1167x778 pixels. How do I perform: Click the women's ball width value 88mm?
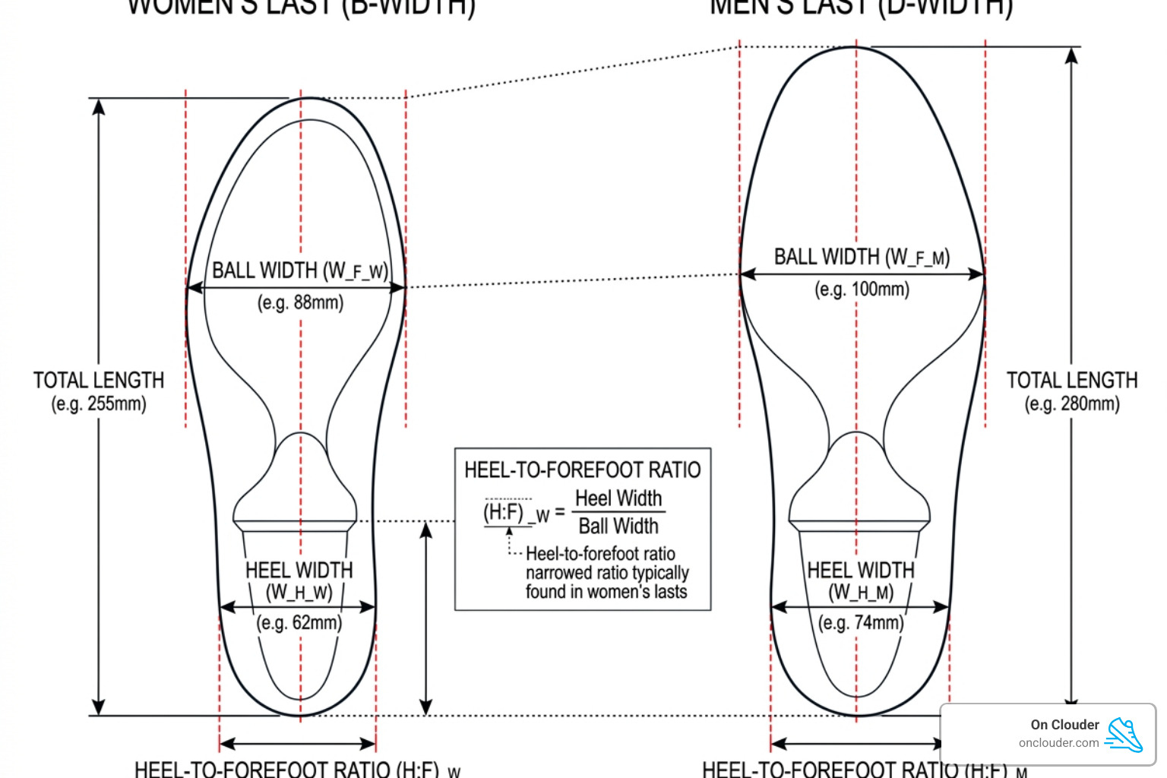301,303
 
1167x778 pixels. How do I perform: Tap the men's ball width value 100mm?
862,289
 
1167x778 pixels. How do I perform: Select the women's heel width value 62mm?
299,623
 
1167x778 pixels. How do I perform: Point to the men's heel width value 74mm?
861,623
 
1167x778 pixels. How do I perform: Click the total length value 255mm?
99,403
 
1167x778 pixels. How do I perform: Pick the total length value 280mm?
1072,403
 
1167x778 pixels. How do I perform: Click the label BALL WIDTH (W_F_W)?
300,270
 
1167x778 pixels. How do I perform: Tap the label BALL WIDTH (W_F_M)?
862,257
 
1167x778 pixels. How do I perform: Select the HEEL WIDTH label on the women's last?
299,571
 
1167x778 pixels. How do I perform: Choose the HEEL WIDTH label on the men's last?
861,571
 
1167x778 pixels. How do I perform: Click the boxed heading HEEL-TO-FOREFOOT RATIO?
582,470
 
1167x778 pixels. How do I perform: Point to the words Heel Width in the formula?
618,498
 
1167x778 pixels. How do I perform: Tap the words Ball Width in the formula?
618,526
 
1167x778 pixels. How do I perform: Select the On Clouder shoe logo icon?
1124,734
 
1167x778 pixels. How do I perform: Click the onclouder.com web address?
1058,743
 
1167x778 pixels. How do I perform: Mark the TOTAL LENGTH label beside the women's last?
99,380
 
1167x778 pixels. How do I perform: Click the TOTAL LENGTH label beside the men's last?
1072,380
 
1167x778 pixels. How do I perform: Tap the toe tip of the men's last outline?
855,47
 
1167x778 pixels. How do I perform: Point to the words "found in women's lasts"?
606,592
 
